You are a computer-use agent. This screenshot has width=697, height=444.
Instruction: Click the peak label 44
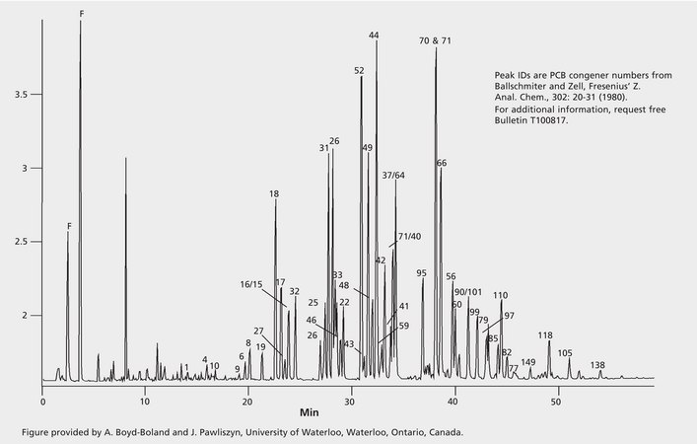pyautogui.click(x=374, y=36)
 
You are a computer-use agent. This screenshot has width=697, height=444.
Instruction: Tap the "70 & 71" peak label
pyautogui.click(x=435, y=41)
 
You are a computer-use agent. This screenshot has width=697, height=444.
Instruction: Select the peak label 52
pyautogui.click(x=359, y=71)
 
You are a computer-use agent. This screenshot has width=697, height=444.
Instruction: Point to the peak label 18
pyautogui.click(x=274, y=194)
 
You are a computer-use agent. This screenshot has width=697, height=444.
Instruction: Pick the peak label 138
pyautogui.click(x=597, y=366)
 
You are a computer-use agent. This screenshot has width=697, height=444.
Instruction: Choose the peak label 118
pyautogui.click(x=545, y=335)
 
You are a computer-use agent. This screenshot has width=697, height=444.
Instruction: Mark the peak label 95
pyautogui.click(x=421, y=273)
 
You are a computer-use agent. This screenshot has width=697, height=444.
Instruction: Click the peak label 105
pyautogui.click(x=565, y=353)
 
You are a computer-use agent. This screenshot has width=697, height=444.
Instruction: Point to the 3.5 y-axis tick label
pyautogui.click(x=20, y=95)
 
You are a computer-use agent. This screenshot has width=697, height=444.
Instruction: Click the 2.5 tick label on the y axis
pyautogui.click(x=20, y=242)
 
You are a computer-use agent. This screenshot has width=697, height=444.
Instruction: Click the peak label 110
pyautogui.click(x=500, y=296)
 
